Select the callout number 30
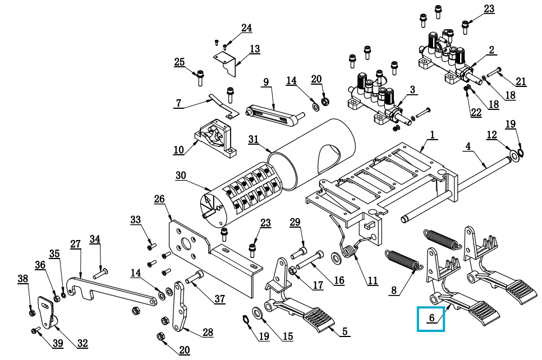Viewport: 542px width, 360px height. [180, 176]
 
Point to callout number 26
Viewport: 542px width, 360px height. [159, 199]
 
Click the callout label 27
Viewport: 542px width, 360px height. [76, 244]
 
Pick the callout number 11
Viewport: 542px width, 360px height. [373, 281]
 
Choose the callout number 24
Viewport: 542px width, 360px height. [247, 28]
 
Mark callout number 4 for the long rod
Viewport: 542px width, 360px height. [468, 146]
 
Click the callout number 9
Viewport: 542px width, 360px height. [266, 82]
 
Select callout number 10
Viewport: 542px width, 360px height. [178, 150]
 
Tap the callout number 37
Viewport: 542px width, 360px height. [219, 299]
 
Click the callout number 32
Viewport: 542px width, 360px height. [82, 343]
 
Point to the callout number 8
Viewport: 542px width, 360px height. [394, 290]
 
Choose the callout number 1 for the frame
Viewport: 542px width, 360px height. [433, 135]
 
